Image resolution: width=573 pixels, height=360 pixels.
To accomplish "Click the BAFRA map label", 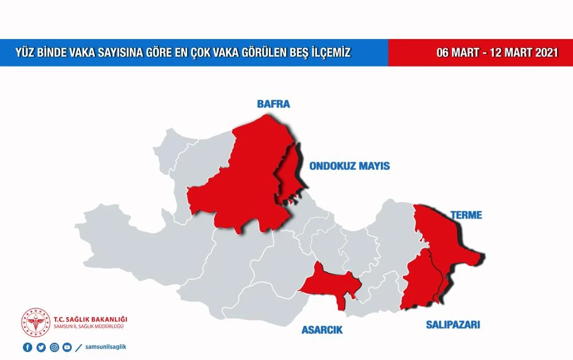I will point(273,104).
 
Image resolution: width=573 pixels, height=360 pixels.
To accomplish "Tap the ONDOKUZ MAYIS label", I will point(349,166).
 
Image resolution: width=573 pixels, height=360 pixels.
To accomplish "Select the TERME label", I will point(466,216).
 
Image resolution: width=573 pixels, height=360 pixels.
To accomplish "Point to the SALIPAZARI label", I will point(453,325).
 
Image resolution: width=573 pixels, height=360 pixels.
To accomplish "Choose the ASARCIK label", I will point(322,330).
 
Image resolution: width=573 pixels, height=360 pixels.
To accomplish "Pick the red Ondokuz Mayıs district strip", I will point(290,172).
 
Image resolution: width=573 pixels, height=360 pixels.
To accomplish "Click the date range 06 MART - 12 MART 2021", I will point(497,53).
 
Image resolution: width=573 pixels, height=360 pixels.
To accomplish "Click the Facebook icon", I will point(28,347).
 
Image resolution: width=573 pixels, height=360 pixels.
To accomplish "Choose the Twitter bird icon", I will point(41,347).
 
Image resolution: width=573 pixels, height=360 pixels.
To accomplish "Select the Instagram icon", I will point(54,347).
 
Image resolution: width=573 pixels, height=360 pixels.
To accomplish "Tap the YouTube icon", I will point(67,347).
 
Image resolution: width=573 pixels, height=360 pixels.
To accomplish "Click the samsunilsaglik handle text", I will point(105,347).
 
